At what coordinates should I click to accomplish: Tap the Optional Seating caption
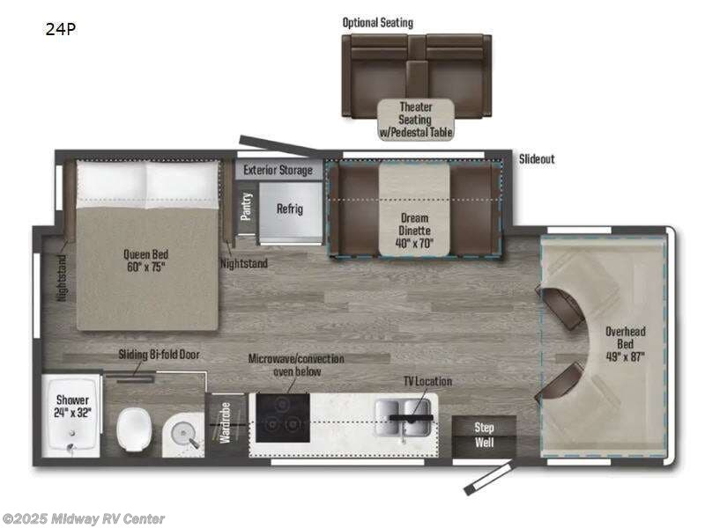pyautogui.click(x=378, y=22)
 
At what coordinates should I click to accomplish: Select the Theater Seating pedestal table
pyautogui.click(x=416, y=120)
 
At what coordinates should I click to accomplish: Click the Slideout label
pyautogui.click(x=537, y=159)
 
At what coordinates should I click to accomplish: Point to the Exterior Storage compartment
pyautogui.click(x=278, y=170)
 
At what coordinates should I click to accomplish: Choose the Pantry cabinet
pyautogui.click(x=247, y=209)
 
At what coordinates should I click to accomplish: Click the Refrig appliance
pyautogui.click(x=289, y=209)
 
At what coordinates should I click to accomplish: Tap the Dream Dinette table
pyautogui.click(x=414, y=209)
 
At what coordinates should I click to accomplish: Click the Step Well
pyautogui.click(x=484, y=435)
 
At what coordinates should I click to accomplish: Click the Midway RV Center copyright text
pyautogui.click(x=84, y=519)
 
